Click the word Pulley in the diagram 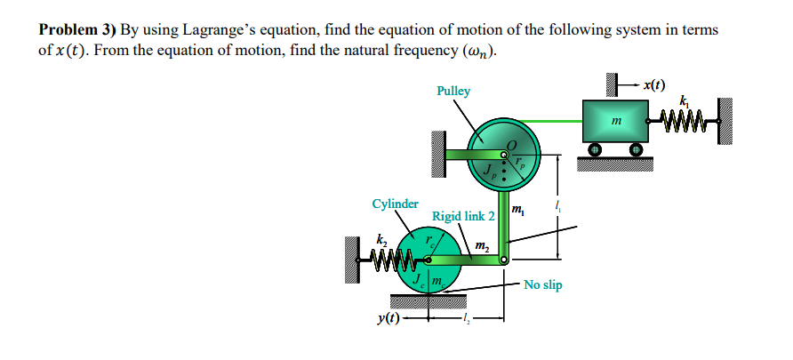[453, 91]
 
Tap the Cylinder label [395, 204]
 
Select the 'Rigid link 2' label [463, 216]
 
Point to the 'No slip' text [542, 285]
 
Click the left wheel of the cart [595, 148]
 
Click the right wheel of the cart [637, 148]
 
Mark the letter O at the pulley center [509, 145]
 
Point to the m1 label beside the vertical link [518, 210]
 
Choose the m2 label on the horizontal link [480, 245]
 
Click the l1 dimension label [557, 207]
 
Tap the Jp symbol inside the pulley [489, 169]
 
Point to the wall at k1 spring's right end [725, 116]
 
